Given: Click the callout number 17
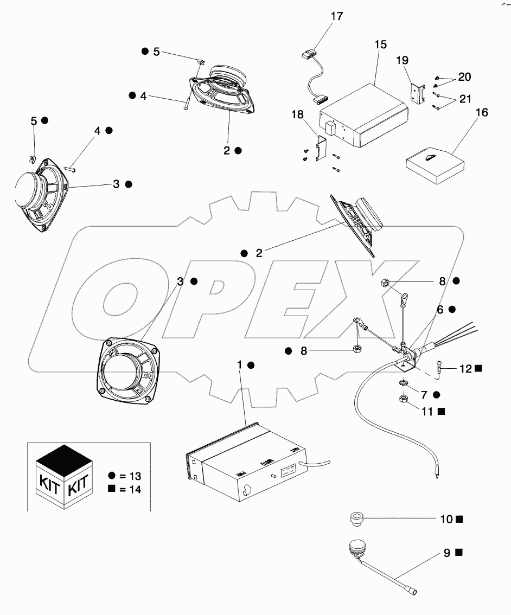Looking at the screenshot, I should tap(337, 16).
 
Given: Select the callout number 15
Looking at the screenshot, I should tap(381, 44).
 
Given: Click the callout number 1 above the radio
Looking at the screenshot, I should tap(239, 365).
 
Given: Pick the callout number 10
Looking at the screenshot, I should tap(446, 519).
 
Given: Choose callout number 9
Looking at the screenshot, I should tap(447, 553).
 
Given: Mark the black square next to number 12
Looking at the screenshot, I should tap(478, 368).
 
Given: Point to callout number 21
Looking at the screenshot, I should tap(465, 99).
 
